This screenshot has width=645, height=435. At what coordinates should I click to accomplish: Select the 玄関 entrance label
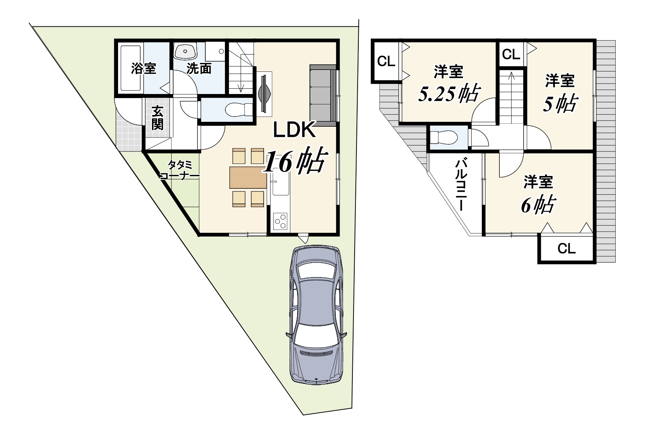click(158, 118)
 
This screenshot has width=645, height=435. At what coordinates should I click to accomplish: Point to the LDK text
click(294, 130)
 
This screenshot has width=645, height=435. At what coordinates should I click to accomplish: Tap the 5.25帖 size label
click(448, 94)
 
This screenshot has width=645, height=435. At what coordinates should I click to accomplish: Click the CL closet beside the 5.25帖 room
click(386, 61)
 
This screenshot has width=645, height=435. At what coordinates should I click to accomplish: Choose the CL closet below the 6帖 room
click(567, 249)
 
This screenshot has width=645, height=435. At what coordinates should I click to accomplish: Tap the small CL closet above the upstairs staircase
click(511, 55)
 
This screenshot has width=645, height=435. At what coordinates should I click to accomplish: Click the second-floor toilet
click(443, 137)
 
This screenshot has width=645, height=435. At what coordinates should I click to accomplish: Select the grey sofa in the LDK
click(323, 93)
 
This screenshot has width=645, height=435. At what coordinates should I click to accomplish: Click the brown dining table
click(248, 177)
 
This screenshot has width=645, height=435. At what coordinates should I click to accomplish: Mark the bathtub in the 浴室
click(130, 68)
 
